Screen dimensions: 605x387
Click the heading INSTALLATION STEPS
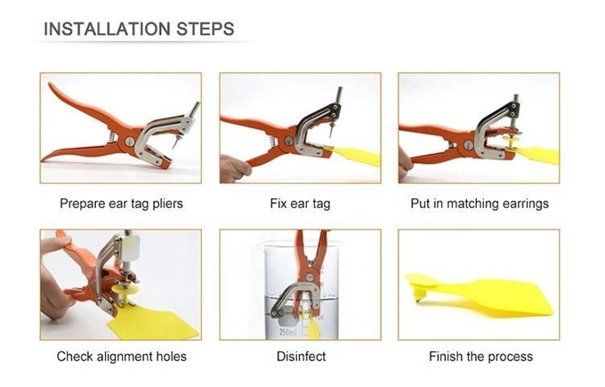[139, 29]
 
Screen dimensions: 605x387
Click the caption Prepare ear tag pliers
[121, 204]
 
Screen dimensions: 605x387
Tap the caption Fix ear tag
[300, 204]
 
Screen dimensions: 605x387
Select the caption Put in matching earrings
[480, 204]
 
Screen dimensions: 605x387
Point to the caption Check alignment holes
[122, 356]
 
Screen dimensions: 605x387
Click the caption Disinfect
[301, 356]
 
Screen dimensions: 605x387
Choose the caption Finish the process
[480, 356]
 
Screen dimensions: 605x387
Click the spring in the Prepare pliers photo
[111, 135]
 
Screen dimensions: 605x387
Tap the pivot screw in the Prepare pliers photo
[129, 141]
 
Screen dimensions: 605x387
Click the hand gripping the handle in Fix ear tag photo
[234, 168]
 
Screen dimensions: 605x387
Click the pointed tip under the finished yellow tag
[418, 299]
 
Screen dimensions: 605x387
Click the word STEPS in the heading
[206, 29]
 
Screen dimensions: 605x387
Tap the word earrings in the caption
[524, 204]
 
